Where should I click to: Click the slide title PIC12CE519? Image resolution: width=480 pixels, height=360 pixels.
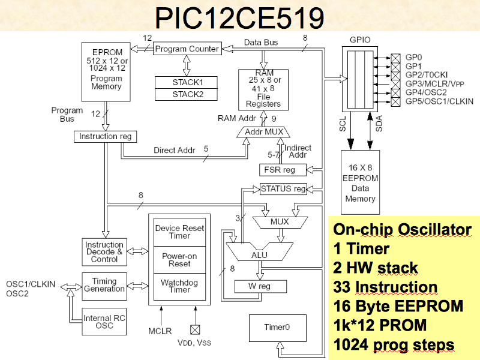click(x=240, y=18)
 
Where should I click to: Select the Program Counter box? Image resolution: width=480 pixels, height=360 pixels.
click(x=187, y=49)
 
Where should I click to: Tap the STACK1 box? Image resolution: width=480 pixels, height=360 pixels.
click(x=187, y=82)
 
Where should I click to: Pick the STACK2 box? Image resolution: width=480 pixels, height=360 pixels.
click(x=187, y=94)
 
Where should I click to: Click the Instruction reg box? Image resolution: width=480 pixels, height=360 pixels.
click(x=106, y=137)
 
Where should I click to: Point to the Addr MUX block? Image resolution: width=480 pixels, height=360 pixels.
click(x=264, y=131)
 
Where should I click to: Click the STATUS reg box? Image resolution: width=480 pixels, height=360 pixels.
click(x=283, y=189)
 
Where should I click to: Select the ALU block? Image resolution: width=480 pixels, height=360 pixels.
click(x=259, y=255)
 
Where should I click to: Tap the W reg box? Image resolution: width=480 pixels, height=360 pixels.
click(x=260, y=286)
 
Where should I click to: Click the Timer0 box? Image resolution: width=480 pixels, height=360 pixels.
click(x=277, y=328)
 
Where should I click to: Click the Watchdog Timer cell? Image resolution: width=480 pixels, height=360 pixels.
click(x=179, y=287)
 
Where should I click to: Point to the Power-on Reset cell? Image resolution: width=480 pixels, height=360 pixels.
click(x=179, y=260)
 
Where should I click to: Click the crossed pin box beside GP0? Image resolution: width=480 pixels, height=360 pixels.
click(x=395, y=58)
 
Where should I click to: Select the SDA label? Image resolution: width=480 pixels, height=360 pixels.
click(x=378, y=124)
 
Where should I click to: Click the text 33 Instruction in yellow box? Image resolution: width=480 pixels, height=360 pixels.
click(x=385, y=287)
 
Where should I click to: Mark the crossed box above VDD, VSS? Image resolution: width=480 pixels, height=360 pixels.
click(x=194, y=329)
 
